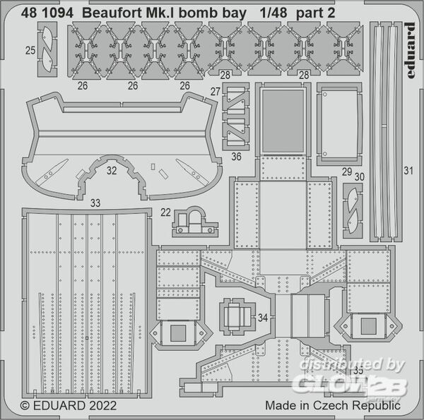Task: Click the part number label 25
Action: (30, 50)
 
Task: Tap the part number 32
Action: (112, 171)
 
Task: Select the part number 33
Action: (95, 203)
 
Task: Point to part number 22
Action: (165, 212)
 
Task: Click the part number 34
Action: (263, 318)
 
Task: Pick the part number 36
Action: (236, 157)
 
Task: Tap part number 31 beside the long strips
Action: (408, 171)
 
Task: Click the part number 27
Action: (216, 92)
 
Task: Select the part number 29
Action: (347, 172)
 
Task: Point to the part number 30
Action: (360, 177)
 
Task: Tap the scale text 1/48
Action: (273, 13)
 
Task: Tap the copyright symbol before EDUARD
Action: (25, 406)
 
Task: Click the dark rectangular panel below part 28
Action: (283, 121)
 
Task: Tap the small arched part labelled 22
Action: (195, 222)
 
